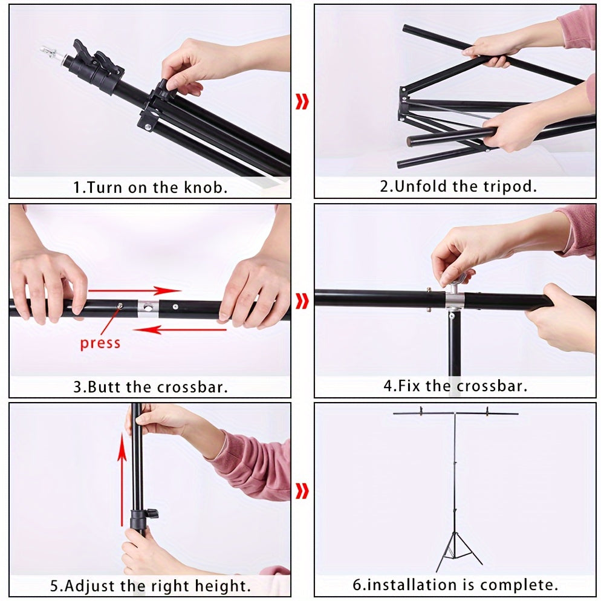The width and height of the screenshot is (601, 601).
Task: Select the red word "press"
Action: [x=100, y=343]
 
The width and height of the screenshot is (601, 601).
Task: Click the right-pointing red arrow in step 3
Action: [x=135, y=290]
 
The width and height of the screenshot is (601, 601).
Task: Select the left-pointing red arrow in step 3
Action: [x=180, y=330]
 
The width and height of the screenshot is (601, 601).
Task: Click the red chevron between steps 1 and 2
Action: [x=302, y=102]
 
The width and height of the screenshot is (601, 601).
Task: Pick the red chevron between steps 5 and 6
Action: [x=302, y=491]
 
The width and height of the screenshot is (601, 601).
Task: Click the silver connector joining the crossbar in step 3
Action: [x=148, y=308]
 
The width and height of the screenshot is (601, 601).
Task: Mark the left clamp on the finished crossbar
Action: [x=421, y=411]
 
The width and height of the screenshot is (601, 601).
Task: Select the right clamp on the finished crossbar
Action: [x=487, y=411]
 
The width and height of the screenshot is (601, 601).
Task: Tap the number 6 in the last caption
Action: [x=357, y=585]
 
